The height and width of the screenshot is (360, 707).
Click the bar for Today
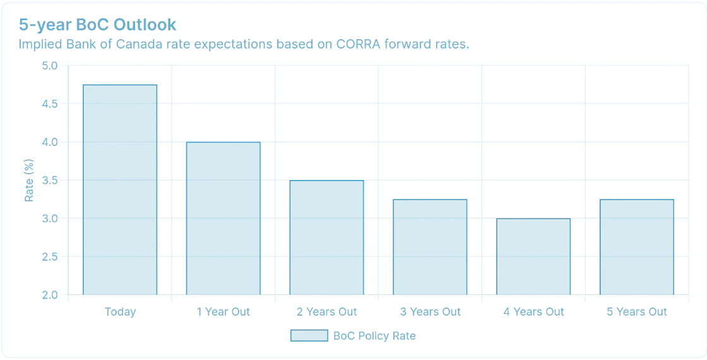[x=120, y=189]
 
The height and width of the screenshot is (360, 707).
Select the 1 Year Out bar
[x=223, y=219]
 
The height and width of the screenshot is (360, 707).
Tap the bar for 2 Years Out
[x=326, y=237]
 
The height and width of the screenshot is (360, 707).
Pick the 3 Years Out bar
[x=430, y=247]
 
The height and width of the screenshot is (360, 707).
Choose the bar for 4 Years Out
[x=533, y=256]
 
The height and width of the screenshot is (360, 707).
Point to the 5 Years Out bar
[x=637, y=247]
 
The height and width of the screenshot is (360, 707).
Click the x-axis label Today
[x=120, y=312]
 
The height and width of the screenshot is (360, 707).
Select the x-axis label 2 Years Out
[x=326, y=312]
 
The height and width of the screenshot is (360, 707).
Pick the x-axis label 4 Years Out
[x=533, y=312]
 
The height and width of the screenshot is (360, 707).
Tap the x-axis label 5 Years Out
[x=637, y=312]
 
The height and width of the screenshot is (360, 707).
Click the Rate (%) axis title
[x=29, y=180]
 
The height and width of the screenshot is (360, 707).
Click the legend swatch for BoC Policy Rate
[x=309, y=335]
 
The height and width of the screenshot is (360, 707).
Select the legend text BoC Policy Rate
[x=374, y=336]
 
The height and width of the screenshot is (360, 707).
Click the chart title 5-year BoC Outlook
[x=97, y=25]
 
